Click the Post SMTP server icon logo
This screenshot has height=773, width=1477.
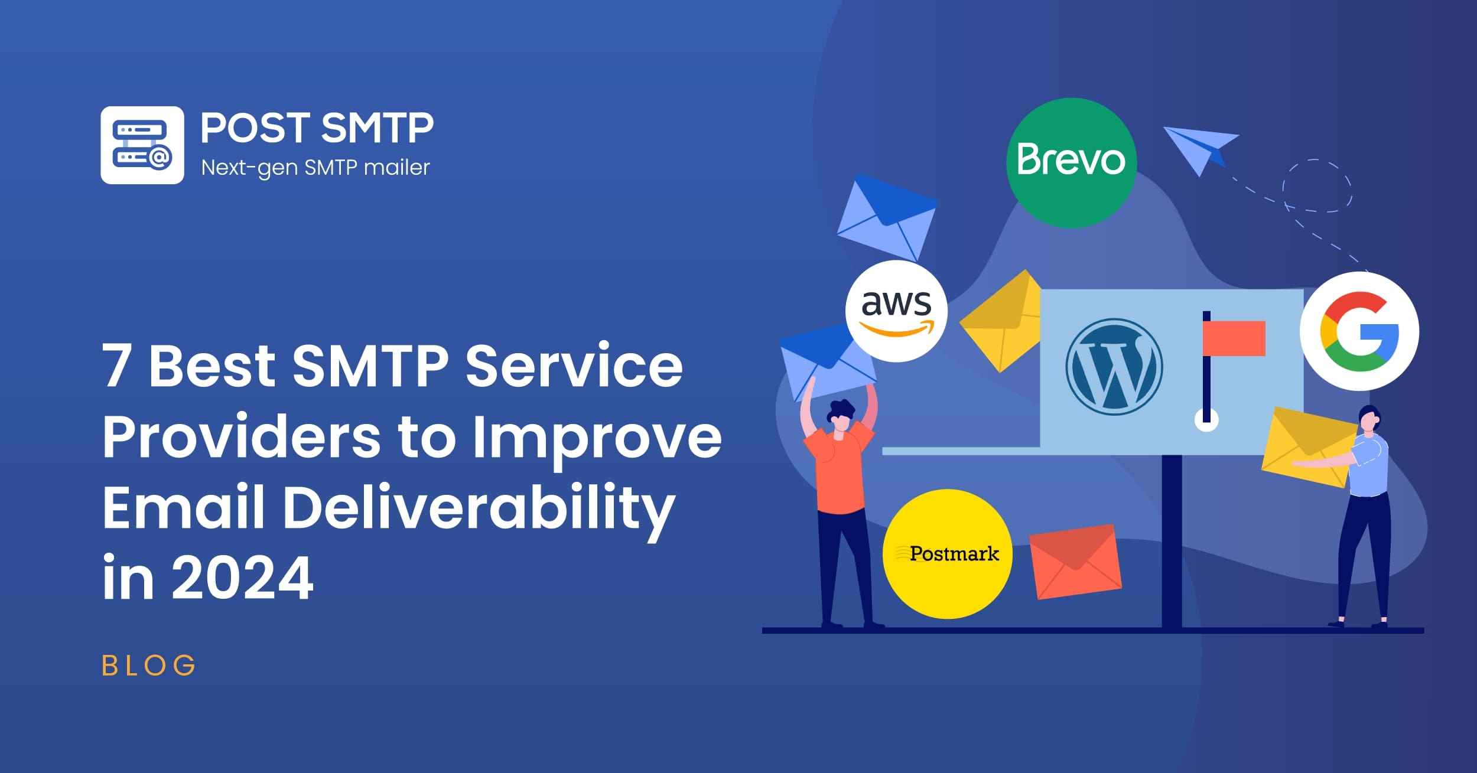(142, 145)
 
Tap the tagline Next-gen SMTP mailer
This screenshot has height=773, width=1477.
(315, 168)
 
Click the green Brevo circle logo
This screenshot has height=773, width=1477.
(1071, 163)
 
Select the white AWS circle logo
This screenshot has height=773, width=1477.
(896, 311)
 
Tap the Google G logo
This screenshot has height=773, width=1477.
(1359, 331)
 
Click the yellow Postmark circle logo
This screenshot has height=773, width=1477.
(948, 554)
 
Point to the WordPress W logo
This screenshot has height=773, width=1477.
(1114, 367)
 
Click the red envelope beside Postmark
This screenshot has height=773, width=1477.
(1075, 561)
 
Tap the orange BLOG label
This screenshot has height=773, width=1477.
(148, 666)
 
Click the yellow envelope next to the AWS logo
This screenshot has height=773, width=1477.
(1000, 321)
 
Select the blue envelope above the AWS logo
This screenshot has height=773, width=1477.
(887, 218)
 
